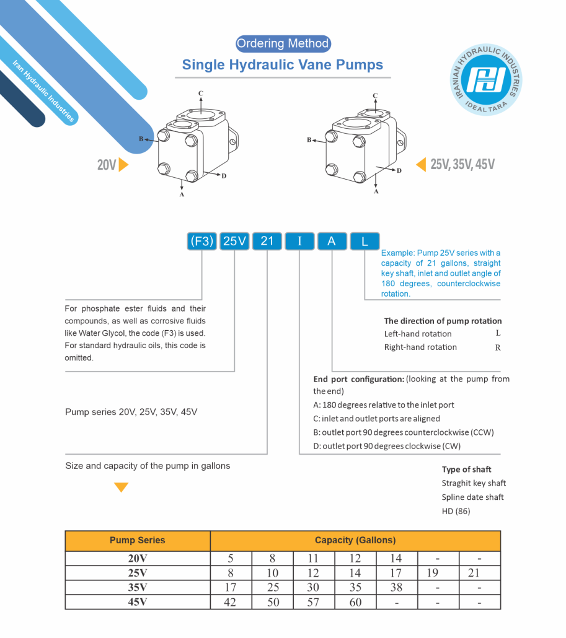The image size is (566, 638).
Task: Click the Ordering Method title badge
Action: tap(283, 43)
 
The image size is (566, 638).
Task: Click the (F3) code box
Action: tap(201, 241)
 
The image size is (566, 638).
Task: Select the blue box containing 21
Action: tap(267, 241)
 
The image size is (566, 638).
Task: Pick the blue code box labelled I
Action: tap(300, 241)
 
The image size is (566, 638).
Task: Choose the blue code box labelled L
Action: tap(365, 241)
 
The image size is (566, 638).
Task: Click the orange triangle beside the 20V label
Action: tap(124, 165)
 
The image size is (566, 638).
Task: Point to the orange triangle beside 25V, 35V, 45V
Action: tap(421, 164)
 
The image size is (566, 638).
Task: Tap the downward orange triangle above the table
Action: tap(122, 487)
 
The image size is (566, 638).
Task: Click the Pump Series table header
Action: tap(138, 540)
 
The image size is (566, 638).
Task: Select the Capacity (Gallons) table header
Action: tap(355, 540)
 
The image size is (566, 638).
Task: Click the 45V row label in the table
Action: tap(138, 601)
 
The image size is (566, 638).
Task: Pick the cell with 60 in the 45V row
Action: tap(355, 601)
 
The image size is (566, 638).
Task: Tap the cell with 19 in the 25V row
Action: tap(432, 572)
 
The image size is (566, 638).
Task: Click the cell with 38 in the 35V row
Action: tap(396, 587)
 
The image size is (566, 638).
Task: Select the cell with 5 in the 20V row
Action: tap(231, 558)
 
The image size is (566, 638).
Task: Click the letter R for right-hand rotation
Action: tap(497, 347)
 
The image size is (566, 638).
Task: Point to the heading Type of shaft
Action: tap(467, 470)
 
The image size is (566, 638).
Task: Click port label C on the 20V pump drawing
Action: tap(201, 94)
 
